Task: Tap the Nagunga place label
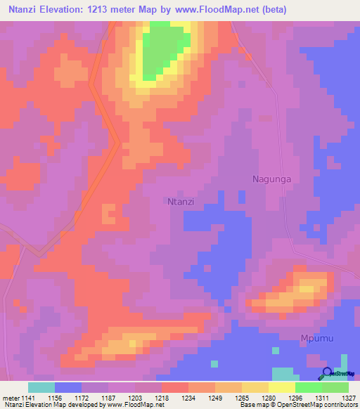[x=271, y=179]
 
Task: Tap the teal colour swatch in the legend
[x=41, y=387]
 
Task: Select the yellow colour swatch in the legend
[x=281, y=387]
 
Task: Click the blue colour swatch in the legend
[x=67, y=387]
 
